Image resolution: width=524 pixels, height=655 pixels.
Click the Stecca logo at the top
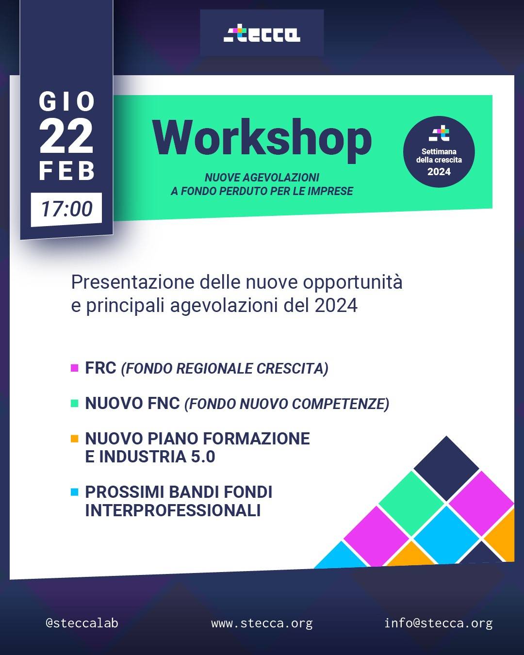click(x=262, y=34)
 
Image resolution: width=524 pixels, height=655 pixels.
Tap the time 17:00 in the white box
click(x=66, y=209)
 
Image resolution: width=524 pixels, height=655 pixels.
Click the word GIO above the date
click(x=66, y=101)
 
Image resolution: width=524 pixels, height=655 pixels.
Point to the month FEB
click(x=66, y=171)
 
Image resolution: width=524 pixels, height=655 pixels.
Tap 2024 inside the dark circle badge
click(x=439, y=172)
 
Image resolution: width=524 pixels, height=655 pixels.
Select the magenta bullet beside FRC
click(x=75, y=368)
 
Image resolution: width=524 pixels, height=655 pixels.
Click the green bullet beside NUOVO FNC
click(x=75, y=403)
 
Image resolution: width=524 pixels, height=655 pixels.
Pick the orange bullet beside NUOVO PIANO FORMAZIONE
click(x=75, y=439)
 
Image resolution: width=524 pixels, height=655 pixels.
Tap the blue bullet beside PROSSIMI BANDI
click(x=75, y=492)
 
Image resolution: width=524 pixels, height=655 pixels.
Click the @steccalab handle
click(x=82, y=623)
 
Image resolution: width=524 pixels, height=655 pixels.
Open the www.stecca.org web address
click(x=262, y=623)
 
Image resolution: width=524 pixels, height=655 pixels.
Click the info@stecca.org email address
click(x=439, y=623)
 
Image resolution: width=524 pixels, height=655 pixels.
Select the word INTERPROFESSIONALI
click(x=173, y=510)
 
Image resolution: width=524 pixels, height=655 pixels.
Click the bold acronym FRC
click(x=100, y=368)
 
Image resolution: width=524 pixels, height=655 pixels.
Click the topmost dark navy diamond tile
click(x=446, y=468)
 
